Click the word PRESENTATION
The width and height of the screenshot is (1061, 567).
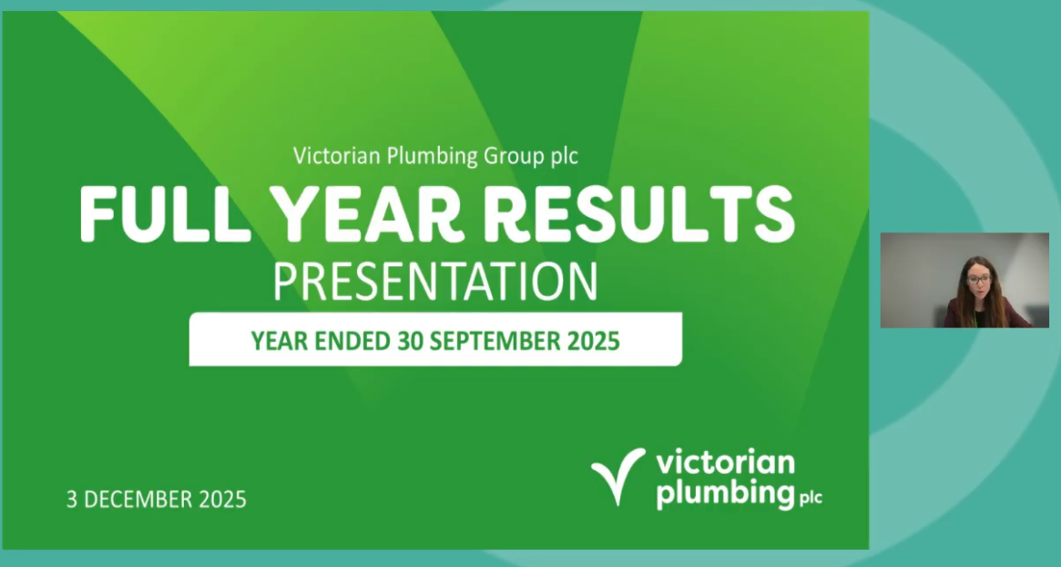point(436,282)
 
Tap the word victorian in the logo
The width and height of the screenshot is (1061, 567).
point(725,462)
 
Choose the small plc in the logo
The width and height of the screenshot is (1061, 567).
point(810,498)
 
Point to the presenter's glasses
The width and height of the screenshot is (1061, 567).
point(974,278)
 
